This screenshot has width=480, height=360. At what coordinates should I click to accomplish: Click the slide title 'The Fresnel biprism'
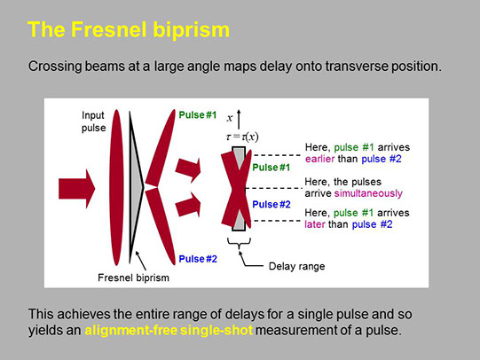129,30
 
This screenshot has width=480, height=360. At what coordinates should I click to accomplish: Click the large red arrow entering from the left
77,189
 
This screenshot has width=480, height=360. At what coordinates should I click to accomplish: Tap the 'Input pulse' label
93,121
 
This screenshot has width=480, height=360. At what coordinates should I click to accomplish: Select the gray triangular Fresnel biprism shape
135,186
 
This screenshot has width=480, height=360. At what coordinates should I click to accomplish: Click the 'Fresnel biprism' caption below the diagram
133,278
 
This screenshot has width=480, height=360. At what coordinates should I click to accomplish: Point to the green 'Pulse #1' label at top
198,115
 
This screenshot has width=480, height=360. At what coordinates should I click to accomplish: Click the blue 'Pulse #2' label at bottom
198,259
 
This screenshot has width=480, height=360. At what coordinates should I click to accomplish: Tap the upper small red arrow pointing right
188,169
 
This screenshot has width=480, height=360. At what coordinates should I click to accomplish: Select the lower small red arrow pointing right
188,204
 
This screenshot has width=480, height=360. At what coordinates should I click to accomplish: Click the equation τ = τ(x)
242,137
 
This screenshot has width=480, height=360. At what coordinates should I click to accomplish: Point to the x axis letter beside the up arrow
230,118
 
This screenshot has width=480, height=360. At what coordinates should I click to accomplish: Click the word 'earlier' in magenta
320,159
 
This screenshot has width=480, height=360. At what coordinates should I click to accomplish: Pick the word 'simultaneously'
368,193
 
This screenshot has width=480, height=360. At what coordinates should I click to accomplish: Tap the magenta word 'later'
315,224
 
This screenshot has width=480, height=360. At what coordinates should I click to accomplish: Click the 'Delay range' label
296,266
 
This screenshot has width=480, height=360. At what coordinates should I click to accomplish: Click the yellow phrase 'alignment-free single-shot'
169,331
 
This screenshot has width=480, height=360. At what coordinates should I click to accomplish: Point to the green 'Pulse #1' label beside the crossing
271,168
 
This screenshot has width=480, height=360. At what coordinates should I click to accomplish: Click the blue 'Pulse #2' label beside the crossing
271,204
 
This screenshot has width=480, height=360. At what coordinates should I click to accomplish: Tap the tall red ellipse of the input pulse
116,187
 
